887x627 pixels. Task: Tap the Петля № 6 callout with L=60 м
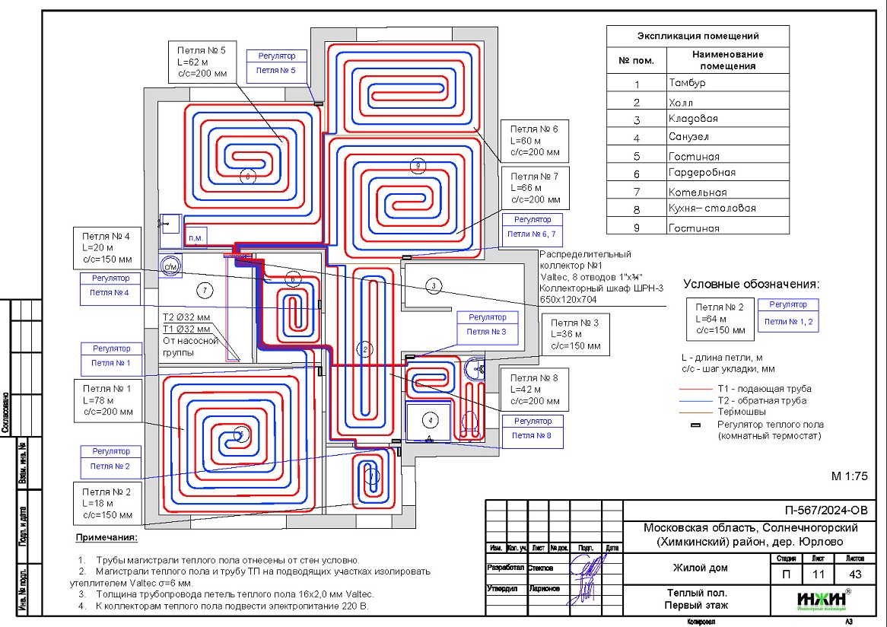pyautogui.click(x=534, y=141)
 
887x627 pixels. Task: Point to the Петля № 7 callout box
pyautogui.click(x=534, y=188)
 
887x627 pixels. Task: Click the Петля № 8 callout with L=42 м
pyautogui.click(x=535, y=390)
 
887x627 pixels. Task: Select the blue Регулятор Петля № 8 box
pyautogui.click(x=533, y=428)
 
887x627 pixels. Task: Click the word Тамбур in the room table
pyautogui.click(x=687, y=83)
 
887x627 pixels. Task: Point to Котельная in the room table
pyautogui.click(x=697, y=192)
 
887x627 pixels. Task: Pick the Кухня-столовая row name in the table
pyautogui.click(x=712, y=208)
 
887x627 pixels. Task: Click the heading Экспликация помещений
pyautogui.click(x=698, y=36)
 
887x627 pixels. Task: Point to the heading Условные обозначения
pyautogui.click(x=751, y=284)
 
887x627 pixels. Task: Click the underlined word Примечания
pyautogui.click(x=106, y=539)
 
